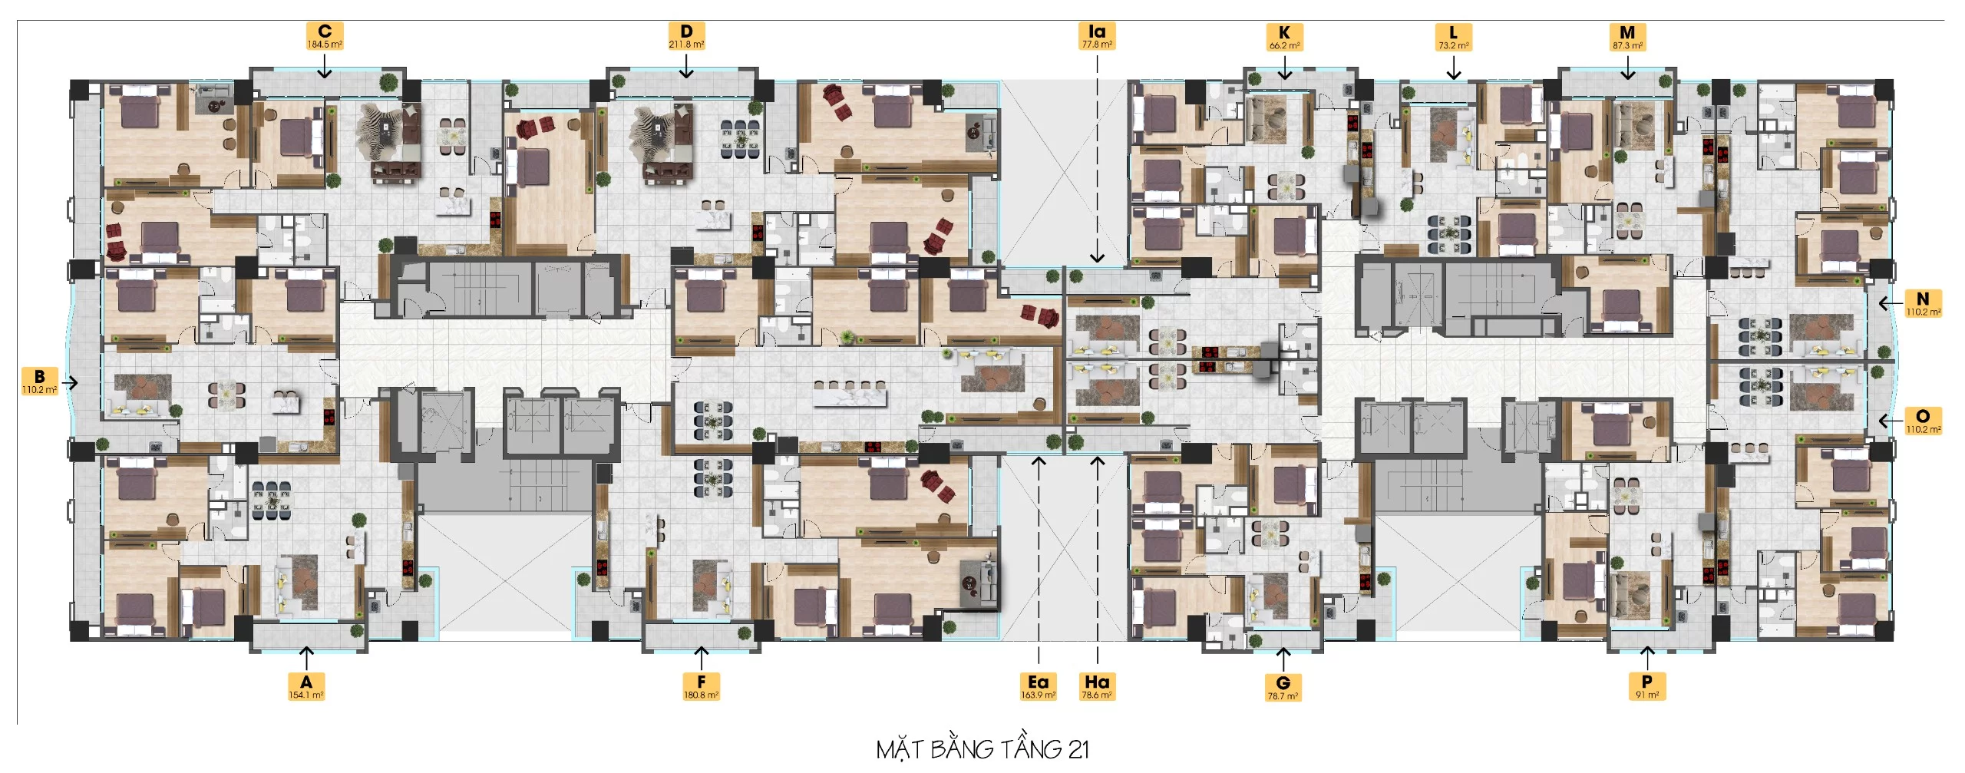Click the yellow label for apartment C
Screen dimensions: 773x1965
coord(325,36)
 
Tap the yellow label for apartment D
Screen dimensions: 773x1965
coord(686,36)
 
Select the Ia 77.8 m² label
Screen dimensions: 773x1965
coord(1097,36)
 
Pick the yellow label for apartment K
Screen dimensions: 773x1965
coord(1284,37)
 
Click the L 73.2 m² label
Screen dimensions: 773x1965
coord(1453,37)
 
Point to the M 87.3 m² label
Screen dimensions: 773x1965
coord(1627,37)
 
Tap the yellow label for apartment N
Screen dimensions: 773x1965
coord(1923,303)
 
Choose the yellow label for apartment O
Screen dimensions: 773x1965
coord(1923,421)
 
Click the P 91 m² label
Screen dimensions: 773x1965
coord(1646,685)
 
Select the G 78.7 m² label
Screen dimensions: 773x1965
coord(1283,687)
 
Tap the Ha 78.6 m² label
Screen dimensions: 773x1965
coord(1097,685)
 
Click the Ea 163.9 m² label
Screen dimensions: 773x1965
coord(1038,685)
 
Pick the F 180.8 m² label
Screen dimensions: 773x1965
coord(701,685)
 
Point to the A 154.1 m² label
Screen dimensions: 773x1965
coord(306,685)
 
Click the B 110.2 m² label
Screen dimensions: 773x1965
coord(40,382)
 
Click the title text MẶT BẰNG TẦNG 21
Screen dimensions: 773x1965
coord(982,748)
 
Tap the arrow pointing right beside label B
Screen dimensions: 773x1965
coord(71,382)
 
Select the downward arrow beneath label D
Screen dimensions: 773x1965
coord(686,69)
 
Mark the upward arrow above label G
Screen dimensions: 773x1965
coord(1283,658)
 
